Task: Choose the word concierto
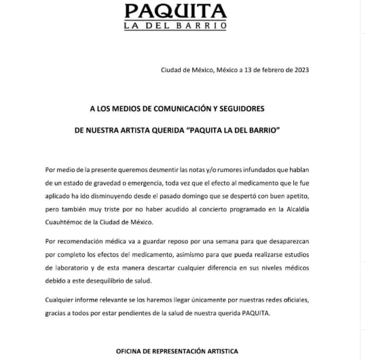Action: point(225,210)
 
